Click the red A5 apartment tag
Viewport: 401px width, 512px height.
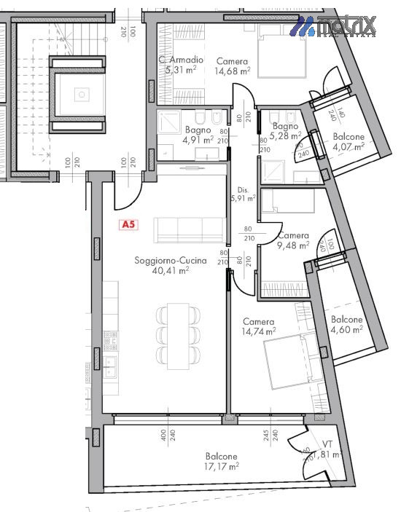[x=128, y=225]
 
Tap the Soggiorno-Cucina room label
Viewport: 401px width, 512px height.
[x=171, y=260]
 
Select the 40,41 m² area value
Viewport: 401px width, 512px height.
[x=171, y=270]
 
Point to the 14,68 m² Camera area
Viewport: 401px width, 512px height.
[x=232, y=71]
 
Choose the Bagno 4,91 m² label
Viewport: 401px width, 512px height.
[x=198, y=134]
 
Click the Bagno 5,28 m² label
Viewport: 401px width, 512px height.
[x=285, y=130]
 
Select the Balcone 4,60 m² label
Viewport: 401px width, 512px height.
[x=346, y=324]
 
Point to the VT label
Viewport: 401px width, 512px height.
[x=327, y=444]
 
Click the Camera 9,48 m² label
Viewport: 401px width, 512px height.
[x=292, y=240]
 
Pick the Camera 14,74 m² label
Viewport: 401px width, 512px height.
[x=259, y=326]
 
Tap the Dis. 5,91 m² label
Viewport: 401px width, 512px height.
[x=242, y=192]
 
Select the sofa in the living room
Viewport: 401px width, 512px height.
[x=189, y=230]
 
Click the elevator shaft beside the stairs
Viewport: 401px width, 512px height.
[x=81, y=93]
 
